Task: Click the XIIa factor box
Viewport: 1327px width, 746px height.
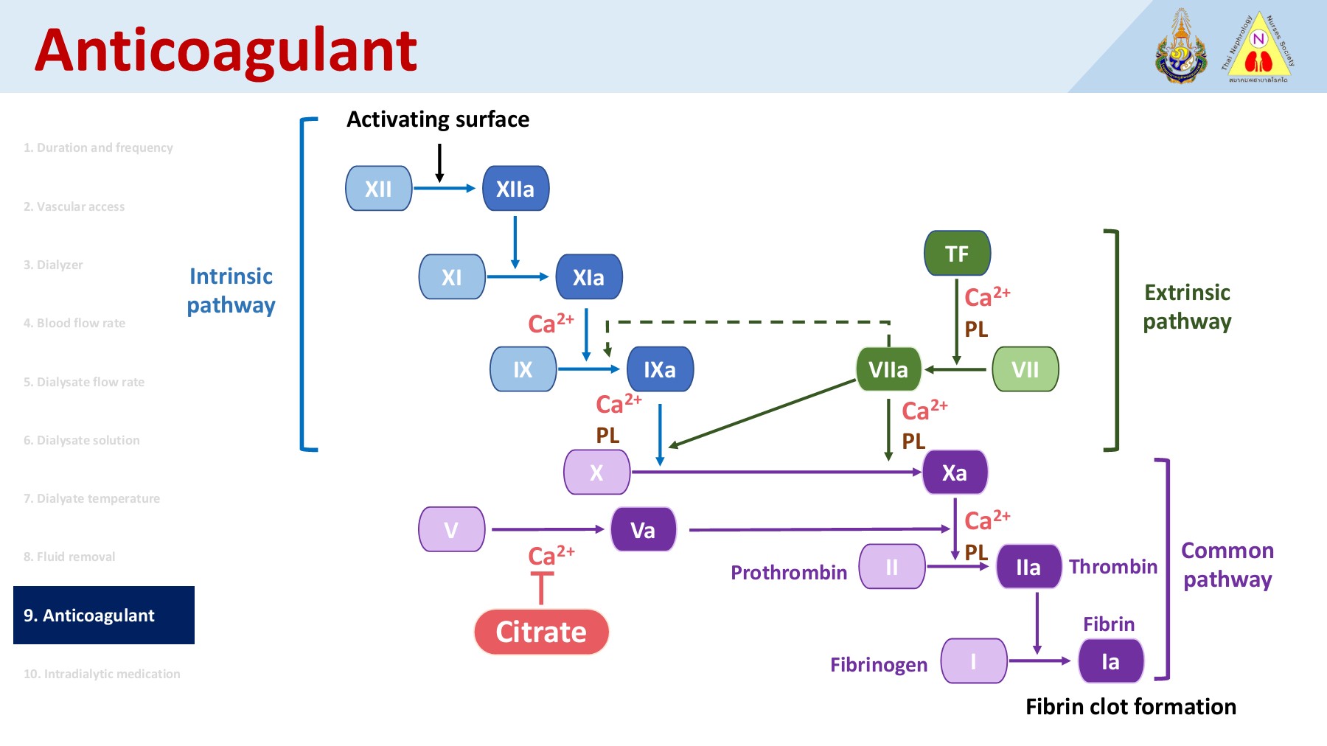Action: [x=515, y=189]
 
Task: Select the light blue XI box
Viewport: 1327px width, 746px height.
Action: [x=452, y=277]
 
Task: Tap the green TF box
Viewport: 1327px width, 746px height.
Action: [x=957, y=254]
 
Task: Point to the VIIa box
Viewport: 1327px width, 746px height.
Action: [x=888, y=369]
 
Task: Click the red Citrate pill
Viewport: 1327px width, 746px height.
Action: [x=541, y=632]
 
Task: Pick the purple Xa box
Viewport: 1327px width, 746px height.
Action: [x=955, y=473]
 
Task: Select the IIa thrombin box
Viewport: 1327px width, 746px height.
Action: [x=1028, y=567]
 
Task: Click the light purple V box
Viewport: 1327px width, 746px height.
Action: [x=451, y=529]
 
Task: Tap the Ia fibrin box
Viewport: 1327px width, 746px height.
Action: [x=1110, y=661]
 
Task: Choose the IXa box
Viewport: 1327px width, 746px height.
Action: [x=660, y=369]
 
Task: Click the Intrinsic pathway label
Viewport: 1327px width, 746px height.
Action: [x=231, y=290]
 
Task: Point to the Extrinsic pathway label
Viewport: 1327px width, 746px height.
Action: [x=1187, y=307]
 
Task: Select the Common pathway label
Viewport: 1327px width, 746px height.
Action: [x=1227, y=565]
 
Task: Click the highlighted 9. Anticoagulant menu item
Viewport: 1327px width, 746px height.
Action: [x=104, y=616]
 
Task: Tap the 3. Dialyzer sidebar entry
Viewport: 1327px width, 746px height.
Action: [x=53, y=265]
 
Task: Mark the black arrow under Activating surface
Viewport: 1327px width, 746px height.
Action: [x=439, y=162]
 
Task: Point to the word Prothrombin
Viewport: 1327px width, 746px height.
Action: [x=789, y=573]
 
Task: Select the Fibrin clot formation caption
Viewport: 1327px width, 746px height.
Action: [x=1130, y=707]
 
